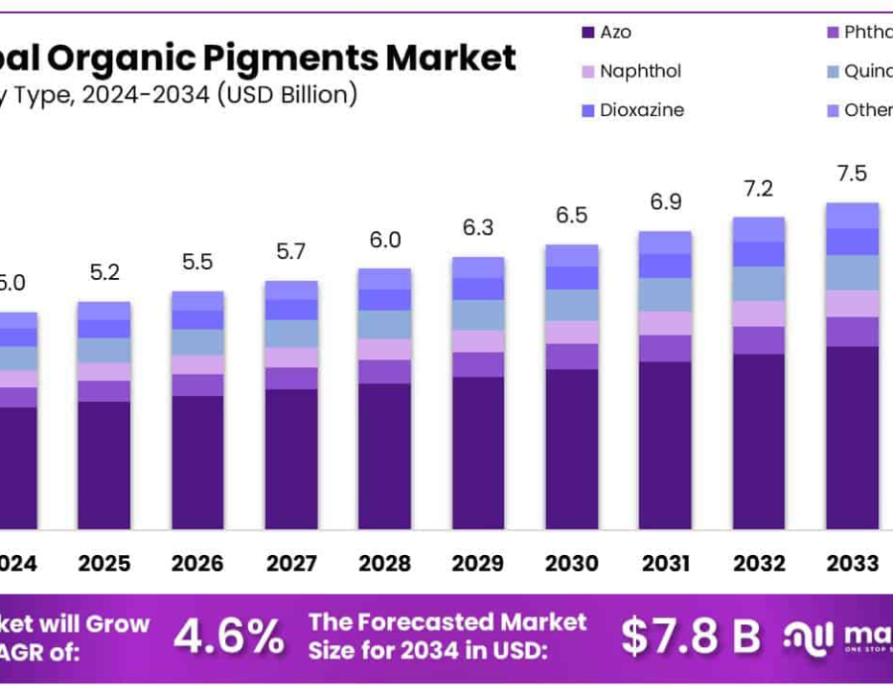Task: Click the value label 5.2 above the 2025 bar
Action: click(x=104, y=272)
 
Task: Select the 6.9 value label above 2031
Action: click(x=665, y=203)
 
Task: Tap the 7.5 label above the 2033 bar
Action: click(x=852, y=174)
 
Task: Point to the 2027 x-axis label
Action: click(x=291, y=564)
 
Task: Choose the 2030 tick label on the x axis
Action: click(x=572, y=564)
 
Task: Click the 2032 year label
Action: click(x=759, y=564)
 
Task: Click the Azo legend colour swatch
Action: click(x=587, y=33)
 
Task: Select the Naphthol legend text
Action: click(x=640, y=71)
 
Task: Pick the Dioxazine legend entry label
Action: click(x=642, y=110)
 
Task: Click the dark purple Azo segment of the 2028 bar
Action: click(x=384, y=456)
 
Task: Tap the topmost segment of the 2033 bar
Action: click(x=852, y=215)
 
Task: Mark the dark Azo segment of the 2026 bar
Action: click(x=197, y=462)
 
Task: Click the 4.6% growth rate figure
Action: click(x=228, y=636)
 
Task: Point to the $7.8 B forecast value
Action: click(x=691, y=636)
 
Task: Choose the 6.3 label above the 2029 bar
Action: click(x=478, y=227)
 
